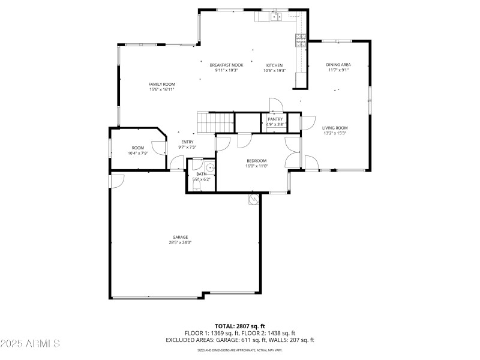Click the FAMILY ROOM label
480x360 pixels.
coord(162,84)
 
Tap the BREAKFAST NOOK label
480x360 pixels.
coord(226,65)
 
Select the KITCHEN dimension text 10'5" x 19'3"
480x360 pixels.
coord(274,71)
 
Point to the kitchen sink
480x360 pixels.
coord(275,17)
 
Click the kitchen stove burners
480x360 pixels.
coord(300,40)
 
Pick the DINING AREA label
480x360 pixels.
coord(338,64)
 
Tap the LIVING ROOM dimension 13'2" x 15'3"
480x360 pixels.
coord(335,133)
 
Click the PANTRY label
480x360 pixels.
coord(275,119)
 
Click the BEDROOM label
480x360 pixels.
coord(256,161)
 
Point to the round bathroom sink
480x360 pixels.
coord(209,167)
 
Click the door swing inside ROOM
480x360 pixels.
coord(159,148)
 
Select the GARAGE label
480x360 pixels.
coord(181,237)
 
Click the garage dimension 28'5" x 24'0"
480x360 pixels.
coord(181,243)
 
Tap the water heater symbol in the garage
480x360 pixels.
coord(254,199)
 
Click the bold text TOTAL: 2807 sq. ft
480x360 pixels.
coord(240,326)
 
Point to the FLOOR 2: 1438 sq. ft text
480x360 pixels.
coord(269,333)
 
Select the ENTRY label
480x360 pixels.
coord(188,142)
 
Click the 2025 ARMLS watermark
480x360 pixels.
coord(30,344)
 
